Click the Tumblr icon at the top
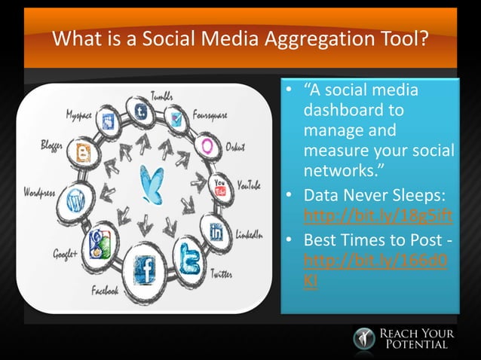click(140, 112)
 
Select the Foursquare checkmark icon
click(178, 117)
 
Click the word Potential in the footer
click(417, 344)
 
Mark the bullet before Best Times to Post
click(289, 241)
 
